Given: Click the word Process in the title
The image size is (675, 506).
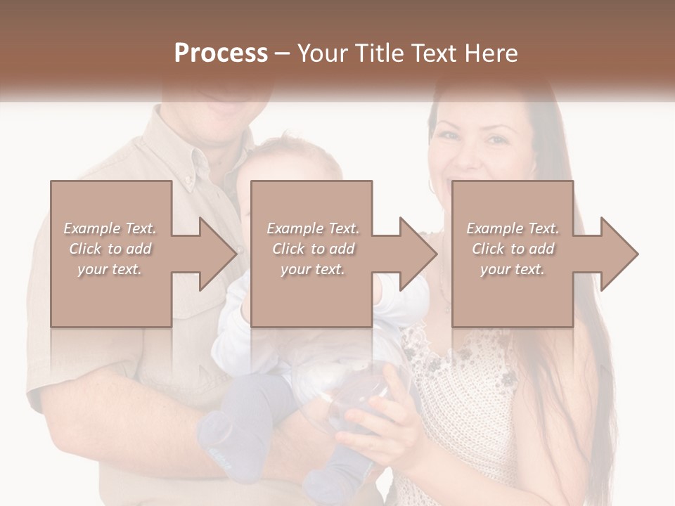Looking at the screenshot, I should [221, 53].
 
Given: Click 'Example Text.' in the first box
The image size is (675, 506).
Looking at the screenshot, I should [110, 228].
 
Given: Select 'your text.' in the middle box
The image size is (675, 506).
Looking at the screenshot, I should [312, 269].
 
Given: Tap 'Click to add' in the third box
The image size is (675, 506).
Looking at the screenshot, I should [513, 249].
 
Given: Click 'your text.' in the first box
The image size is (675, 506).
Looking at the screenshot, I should [110, 269].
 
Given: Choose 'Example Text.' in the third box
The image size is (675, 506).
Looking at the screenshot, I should [513, 228].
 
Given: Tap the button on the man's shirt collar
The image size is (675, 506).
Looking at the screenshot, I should [188, 181].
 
